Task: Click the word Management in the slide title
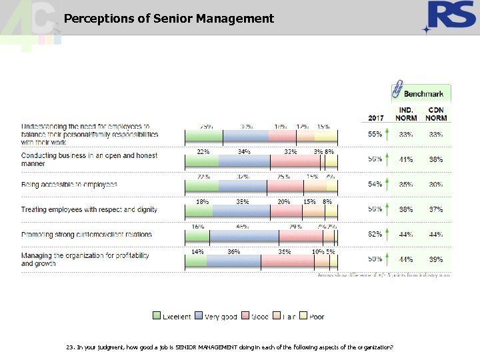click(x=235, y=19)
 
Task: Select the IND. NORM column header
click(x=406, y=114)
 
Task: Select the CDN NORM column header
click(x=437, y=114)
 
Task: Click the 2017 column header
click(x=376, y=118)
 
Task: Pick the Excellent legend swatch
click(x=157, y=317)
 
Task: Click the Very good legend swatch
click(x=199, y=317)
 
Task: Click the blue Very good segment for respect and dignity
click(x=241, y=210)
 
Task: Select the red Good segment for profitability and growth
click(x=286, y=260)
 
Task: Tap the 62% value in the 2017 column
click(x=375, y=234)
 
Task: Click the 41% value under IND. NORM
click(x=406, y=159)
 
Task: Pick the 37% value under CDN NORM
click(x=437, y=209)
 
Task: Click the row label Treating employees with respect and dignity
click(x=89, y=209)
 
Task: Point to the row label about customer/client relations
click(x=87, y=235)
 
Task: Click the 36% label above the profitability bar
click(x=233, y=252)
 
